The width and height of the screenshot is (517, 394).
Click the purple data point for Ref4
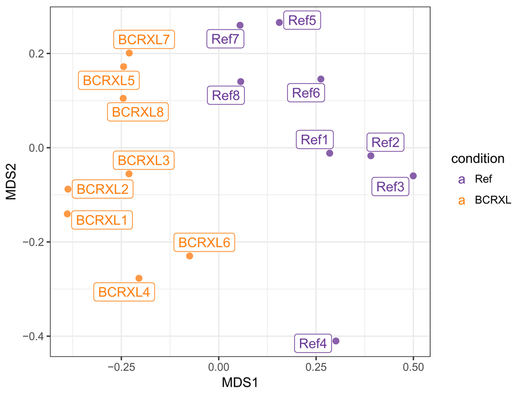pos(336,341)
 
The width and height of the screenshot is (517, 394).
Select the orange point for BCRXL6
pos(190,256)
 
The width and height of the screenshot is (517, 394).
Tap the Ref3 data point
pos(413,176)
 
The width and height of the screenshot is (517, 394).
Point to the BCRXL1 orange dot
pos(67,214)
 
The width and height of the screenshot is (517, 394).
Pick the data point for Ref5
pos(279,22)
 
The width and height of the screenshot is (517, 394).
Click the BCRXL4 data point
pos(139,278)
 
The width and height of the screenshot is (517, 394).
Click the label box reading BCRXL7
pos(144,39)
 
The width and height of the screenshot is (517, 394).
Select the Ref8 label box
pos(226,96)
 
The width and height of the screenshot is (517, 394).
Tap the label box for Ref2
pos(386,143)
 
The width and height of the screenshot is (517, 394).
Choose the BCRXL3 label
pos(144,160)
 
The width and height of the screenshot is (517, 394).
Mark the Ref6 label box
pos(306,93)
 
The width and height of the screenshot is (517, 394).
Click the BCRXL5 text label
pos(109,81)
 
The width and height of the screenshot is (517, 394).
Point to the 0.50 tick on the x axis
pos(413,368)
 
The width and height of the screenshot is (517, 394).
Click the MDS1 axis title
pos(240,383)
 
